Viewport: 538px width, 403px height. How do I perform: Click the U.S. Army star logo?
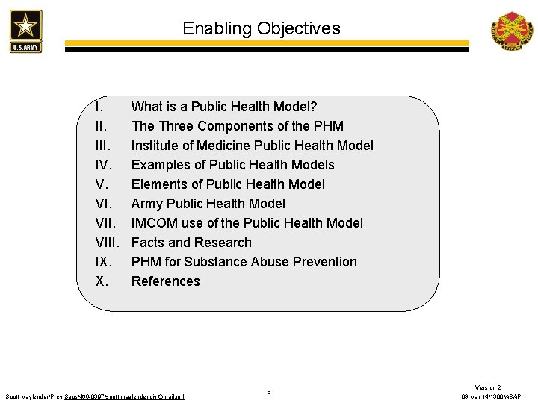pos(26,30)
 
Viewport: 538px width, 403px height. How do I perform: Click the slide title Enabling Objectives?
pos(262,29)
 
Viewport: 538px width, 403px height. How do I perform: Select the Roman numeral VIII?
pos(108,243)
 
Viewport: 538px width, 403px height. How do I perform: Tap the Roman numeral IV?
pos(105,165)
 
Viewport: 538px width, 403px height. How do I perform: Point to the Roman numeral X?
pos(102,281)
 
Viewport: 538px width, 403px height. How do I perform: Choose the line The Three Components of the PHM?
pos(238,126)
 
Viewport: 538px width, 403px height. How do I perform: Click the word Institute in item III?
pos(156,146)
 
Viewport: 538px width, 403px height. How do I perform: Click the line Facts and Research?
pos(191,243)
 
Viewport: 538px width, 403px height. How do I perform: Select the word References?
pos(166,281)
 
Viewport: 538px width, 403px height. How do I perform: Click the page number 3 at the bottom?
pos(269,393)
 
